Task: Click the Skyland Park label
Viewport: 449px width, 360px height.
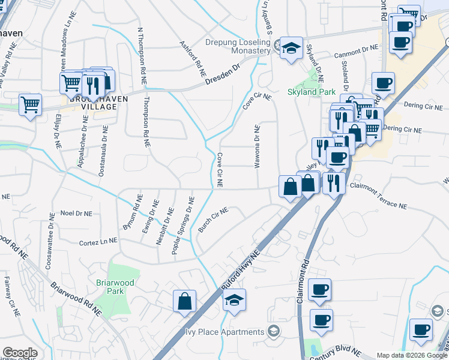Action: [x=310, y=92]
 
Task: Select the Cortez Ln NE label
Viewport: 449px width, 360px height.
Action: [x=98, y=243]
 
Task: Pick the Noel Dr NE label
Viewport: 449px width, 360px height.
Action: [x=76, y=213]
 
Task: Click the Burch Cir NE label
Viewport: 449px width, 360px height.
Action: [x=213, y=220]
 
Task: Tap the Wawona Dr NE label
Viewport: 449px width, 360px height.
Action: [x=257, y=146]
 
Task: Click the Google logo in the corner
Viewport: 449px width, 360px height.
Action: [x=19, y=353]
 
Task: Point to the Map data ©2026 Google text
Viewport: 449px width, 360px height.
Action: [x=411, y=355]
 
